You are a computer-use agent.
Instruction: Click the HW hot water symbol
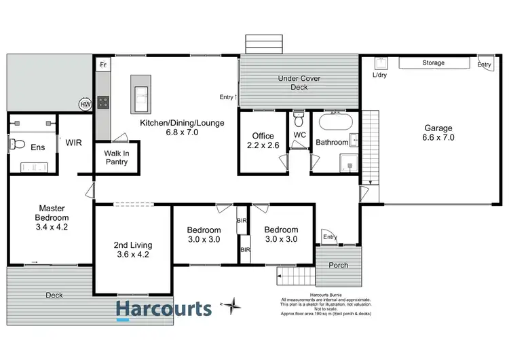click(x=85, y=105)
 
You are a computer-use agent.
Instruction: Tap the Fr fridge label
click(x=103, y=65)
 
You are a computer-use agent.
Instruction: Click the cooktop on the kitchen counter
click(x=103, y=103)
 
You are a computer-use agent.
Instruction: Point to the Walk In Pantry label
click(x=116, y=158)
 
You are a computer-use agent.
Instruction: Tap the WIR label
click(x=74, y=143)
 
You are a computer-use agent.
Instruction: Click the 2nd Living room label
click(x=133, y=250)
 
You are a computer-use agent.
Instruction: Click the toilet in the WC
click(x=299, y=123)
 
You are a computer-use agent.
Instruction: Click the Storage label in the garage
click(x=434, y=63)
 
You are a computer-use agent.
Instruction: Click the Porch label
click(x=339, y=265)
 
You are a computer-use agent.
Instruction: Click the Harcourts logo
click(x=163, y=310)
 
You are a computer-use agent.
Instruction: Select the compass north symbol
click(x=233, y=306)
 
